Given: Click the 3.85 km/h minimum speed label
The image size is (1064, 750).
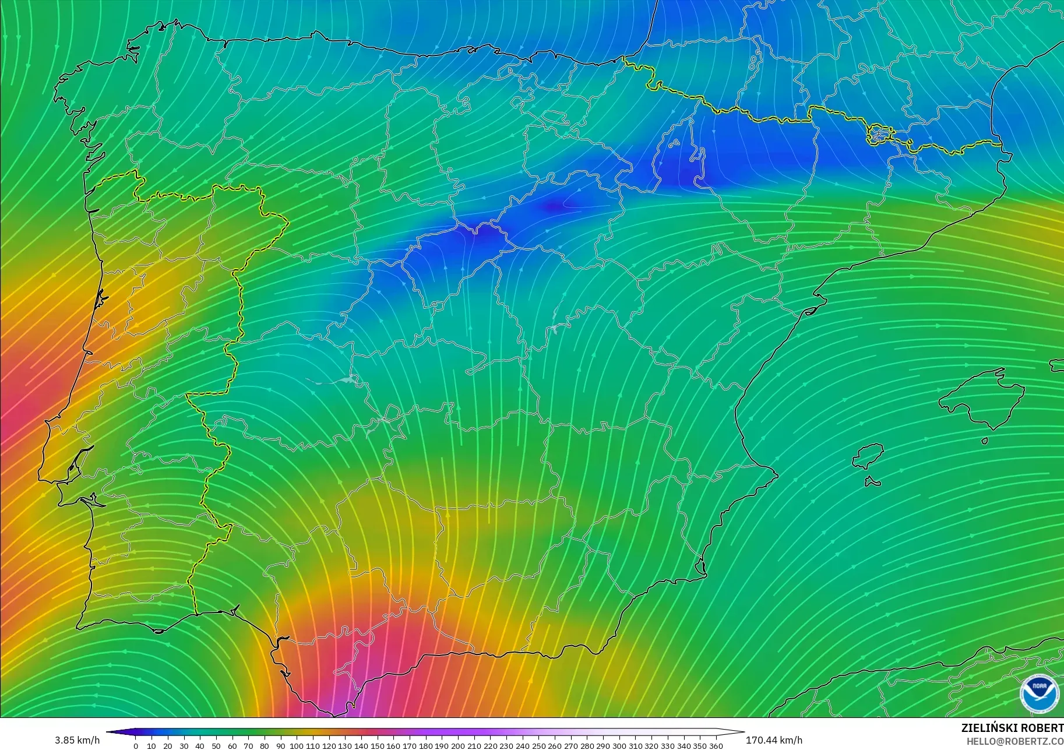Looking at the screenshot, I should pos(77,741).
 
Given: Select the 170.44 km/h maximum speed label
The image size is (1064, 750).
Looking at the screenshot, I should pos(774,741).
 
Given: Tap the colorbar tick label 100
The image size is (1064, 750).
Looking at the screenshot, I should pos(297,746).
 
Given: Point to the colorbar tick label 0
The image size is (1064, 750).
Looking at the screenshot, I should pos(136,746).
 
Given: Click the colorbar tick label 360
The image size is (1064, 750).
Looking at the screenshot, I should pos(716,746).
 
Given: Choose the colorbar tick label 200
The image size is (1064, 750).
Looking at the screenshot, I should pos(457,746).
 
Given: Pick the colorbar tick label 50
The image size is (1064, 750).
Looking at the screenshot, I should pos(216,746).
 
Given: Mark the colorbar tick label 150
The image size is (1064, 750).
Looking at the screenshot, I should pos(377,746).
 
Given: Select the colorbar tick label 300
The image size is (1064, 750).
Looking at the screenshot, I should pos(619,746).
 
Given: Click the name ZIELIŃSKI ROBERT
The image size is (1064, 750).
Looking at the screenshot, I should pos(1012,728).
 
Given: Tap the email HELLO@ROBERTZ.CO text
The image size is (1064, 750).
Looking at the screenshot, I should pos(1015,741).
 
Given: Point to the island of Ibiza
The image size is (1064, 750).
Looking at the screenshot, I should pos(869,455).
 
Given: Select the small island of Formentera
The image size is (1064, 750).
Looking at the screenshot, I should pos(872,481).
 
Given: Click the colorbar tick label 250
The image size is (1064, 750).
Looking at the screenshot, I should pos(538,746).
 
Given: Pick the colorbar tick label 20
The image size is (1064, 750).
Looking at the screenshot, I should pos(168,746).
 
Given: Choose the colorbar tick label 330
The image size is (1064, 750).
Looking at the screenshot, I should pos(668,746).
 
